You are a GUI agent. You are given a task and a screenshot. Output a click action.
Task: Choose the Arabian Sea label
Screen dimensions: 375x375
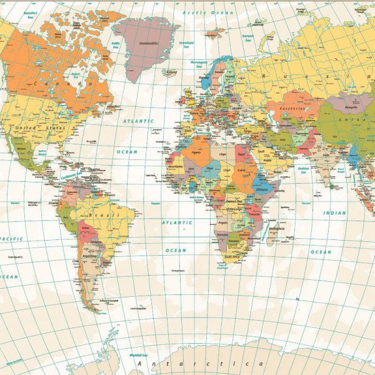coord(304,169)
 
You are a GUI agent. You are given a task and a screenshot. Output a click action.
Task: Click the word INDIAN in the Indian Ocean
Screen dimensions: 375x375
coord(334,213)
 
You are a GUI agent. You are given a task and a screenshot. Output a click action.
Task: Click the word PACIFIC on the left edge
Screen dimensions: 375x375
coord(11,238)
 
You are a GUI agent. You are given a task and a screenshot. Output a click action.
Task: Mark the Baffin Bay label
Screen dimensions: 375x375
coord(116,44)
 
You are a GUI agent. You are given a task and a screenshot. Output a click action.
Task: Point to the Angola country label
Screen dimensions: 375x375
coord(222,222)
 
